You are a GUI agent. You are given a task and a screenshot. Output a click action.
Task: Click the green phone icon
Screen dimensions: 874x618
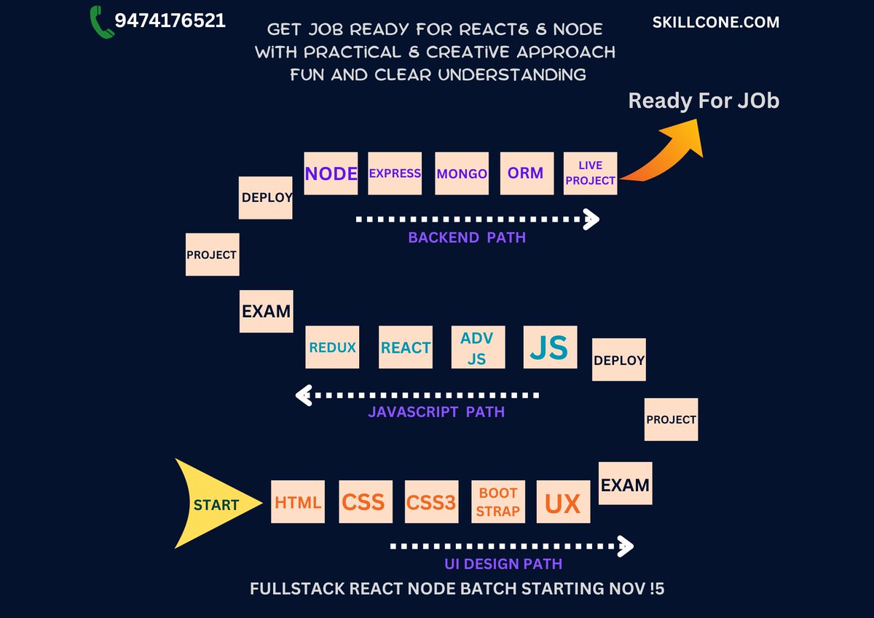click(101, 23)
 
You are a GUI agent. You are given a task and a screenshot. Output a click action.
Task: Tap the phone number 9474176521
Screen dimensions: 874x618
click(170, 20)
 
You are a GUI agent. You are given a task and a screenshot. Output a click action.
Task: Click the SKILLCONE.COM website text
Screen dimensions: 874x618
click(715, 23)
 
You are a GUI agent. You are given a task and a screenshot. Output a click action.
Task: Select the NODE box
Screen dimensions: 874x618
click(331, 173)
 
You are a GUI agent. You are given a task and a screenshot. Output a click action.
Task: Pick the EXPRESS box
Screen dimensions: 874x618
click(395, 173)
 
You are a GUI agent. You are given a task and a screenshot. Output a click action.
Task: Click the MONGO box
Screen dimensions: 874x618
click(462, 173)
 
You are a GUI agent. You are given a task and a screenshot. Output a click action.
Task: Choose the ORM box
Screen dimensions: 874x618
click(527, 173)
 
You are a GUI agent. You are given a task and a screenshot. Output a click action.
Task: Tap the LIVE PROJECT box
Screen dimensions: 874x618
click(591, 173)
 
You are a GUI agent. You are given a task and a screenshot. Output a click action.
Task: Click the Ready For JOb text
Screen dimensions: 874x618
click(704, 101)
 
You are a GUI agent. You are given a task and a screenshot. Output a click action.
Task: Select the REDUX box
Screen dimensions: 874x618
click(332, 347)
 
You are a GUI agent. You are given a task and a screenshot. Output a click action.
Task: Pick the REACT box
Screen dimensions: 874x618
click(406, 347)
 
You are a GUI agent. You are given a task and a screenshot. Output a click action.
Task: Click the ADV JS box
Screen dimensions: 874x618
click(478, 347)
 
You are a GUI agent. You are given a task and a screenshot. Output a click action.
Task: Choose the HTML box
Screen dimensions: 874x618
click(298, 501)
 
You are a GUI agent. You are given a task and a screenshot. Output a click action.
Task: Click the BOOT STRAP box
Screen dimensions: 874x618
click(498, 501)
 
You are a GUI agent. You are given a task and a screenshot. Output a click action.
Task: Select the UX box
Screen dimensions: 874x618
click(564, 501)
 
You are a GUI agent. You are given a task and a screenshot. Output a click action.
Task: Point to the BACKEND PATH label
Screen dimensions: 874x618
click(467, 238)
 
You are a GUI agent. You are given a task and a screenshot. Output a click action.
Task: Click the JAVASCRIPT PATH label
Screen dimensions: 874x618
click(436, 412)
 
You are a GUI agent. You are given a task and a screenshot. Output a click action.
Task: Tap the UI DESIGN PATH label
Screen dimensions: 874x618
click(503, 564)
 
